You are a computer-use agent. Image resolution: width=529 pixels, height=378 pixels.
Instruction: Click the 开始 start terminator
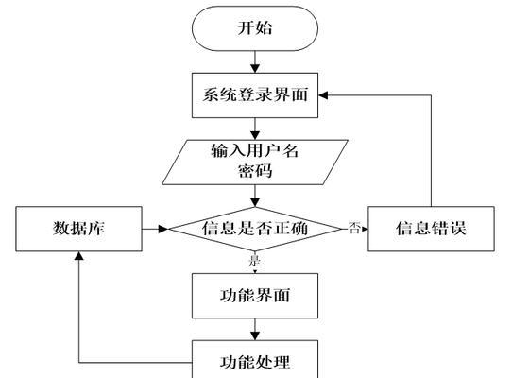click(x=255, y=28)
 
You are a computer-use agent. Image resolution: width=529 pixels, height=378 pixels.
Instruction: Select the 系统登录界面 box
click(x=255, y=95)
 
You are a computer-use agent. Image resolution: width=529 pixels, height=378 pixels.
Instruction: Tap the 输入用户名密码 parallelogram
click(x=255, y=163)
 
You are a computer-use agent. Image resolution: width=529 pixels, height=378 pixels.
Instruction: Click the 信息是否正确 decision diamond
click(x=255, y=229)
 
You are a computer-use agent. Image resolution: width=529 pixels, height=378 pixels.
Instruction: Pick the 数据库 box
click(x=79, y=229)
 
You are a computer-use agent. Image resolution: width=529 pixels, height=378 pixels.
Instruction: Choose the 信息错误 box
click(x=431, y=229)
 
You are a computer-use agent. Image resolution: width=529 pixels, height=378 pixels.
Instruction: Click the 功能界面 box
click(x=255, y=296)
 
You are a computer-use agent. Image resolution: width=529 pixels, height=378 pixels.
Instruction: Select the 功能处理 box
click(x=255, y=359)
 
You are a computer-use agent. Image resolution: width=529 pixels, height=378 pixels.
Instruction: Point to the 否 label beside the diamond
click(x=354, y=228)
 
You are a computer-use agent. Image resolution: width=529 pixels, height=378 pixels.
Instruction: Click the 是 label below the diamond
click(x=254, y=261)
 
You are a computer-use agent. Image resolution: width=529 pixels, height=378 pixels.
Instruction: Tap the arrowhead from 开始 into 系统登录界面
click(x=255, y=68)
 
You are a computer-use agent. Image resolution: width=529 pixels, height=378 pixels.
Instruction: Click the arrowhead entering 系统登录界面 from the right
click(x=323, y=95)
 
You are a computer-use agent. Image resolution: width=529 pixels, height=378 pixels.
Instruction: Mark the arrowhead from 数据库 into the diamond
click(x=163, y=229)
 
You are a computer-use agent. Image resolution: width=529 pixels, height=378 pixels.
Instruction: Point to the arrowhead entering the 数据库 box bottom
click(x=79, y=256)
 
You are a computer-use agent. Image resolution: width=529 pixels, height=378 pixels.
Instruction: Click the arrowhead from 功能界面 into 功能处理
click(x=255, y=335)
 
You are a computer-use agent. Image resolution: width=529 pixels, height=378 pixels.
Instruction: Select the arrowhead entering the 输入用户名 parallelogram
click(x=255, y=135)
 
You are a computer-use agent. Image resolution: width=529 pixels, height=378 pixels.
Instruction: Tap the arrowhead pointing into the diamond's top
click(x=255, y=202)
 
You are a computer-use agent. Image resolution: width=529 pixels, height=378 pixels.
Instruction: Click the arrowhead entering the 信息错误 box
click(x=365, y=229)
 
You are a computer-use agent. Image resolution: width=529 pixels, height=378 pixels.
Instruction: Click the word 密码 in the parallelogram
click(x=255, y=171)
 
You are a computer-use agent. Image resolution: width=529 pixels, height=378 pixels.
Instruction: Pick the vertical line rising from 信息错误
click(x=431, y=151)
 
